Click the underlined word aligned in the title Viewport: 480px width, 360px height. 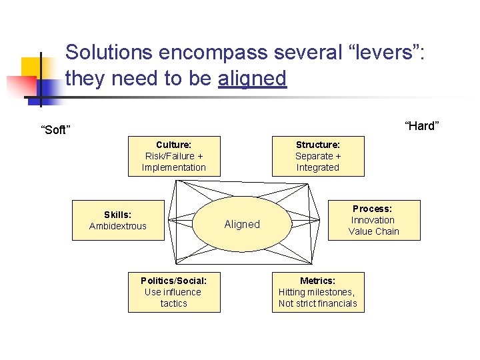[x=252, y=79]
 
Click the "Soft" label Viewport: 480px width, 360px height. [x=54, y=130]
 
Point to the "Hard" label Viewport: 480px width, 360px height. [x=422, y=126]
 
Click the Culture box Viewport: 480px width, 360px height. [x=174, y=156]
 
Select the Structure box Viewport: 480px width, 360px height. [x=318, y=156]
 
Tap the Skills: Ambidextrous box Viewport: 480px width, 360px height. [x=117, y=220]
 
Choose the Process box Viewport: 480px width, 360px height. [x=374, y=220]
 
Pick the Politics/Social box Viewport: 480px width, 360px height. [x=174, y=292]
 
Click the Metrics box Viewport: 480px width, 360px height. [x=318, y=292]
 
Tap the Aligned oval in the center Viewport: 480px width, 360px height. [x=242, y=225]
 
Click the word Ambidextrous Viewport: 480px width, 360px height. [x=117, y=226]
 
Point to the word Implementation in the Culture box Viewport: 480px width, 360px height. [x=174, y=167]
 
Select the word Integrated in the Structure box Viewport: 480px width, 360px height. [x=318, y=167]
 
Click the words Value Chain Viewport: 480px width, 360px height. [x=374, y=231]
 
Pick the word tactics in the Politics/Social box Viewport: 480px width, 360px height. [x=174, y=303]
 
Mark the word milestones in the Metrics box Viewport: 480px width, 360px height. [x=331, y=292]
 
